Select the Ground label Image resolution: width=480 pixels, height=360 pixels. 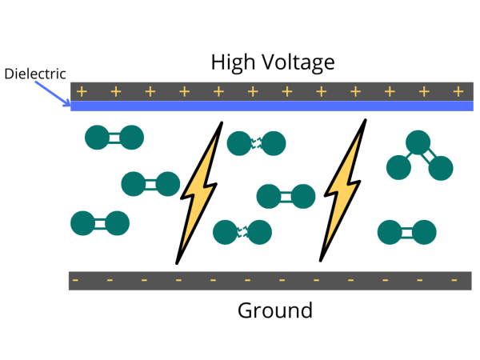[x=274, y=310]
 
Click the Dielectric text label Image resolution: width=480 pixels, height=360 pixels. [x=35, y=74]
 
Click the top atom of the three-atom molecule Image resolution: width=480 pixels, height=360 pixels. [x=416, y=142]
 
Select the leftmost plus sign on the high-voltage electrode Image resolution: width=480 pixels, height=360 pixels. [x=82, y=91]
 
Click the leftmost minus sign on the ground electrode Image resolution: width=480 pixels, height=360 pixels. [x=75, y=281]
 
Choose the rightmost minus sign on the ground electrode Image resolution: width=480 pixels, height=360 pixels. [x=454, y=281]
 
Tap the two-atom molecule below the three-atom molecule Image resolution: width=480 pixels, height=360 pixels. [x=406, y=232]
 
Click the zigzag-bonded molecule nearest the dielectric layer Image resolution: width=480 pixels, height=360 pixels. [x=256, y=143]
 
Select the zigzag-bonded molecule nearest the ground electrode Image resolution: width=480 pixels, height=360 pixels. [x=242, y=232]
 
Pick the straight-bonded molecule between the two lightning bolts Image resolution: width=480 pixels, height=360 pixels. [x=286, y=195]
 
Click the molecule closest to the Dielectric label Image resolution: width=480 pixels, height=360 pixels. [x=114, y=138]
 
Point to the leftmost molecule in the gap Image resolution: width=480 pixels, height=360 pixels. [x=99, y=223]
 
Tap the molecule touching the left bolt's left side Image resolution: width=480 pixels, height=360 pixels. [x=150, y=184]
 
